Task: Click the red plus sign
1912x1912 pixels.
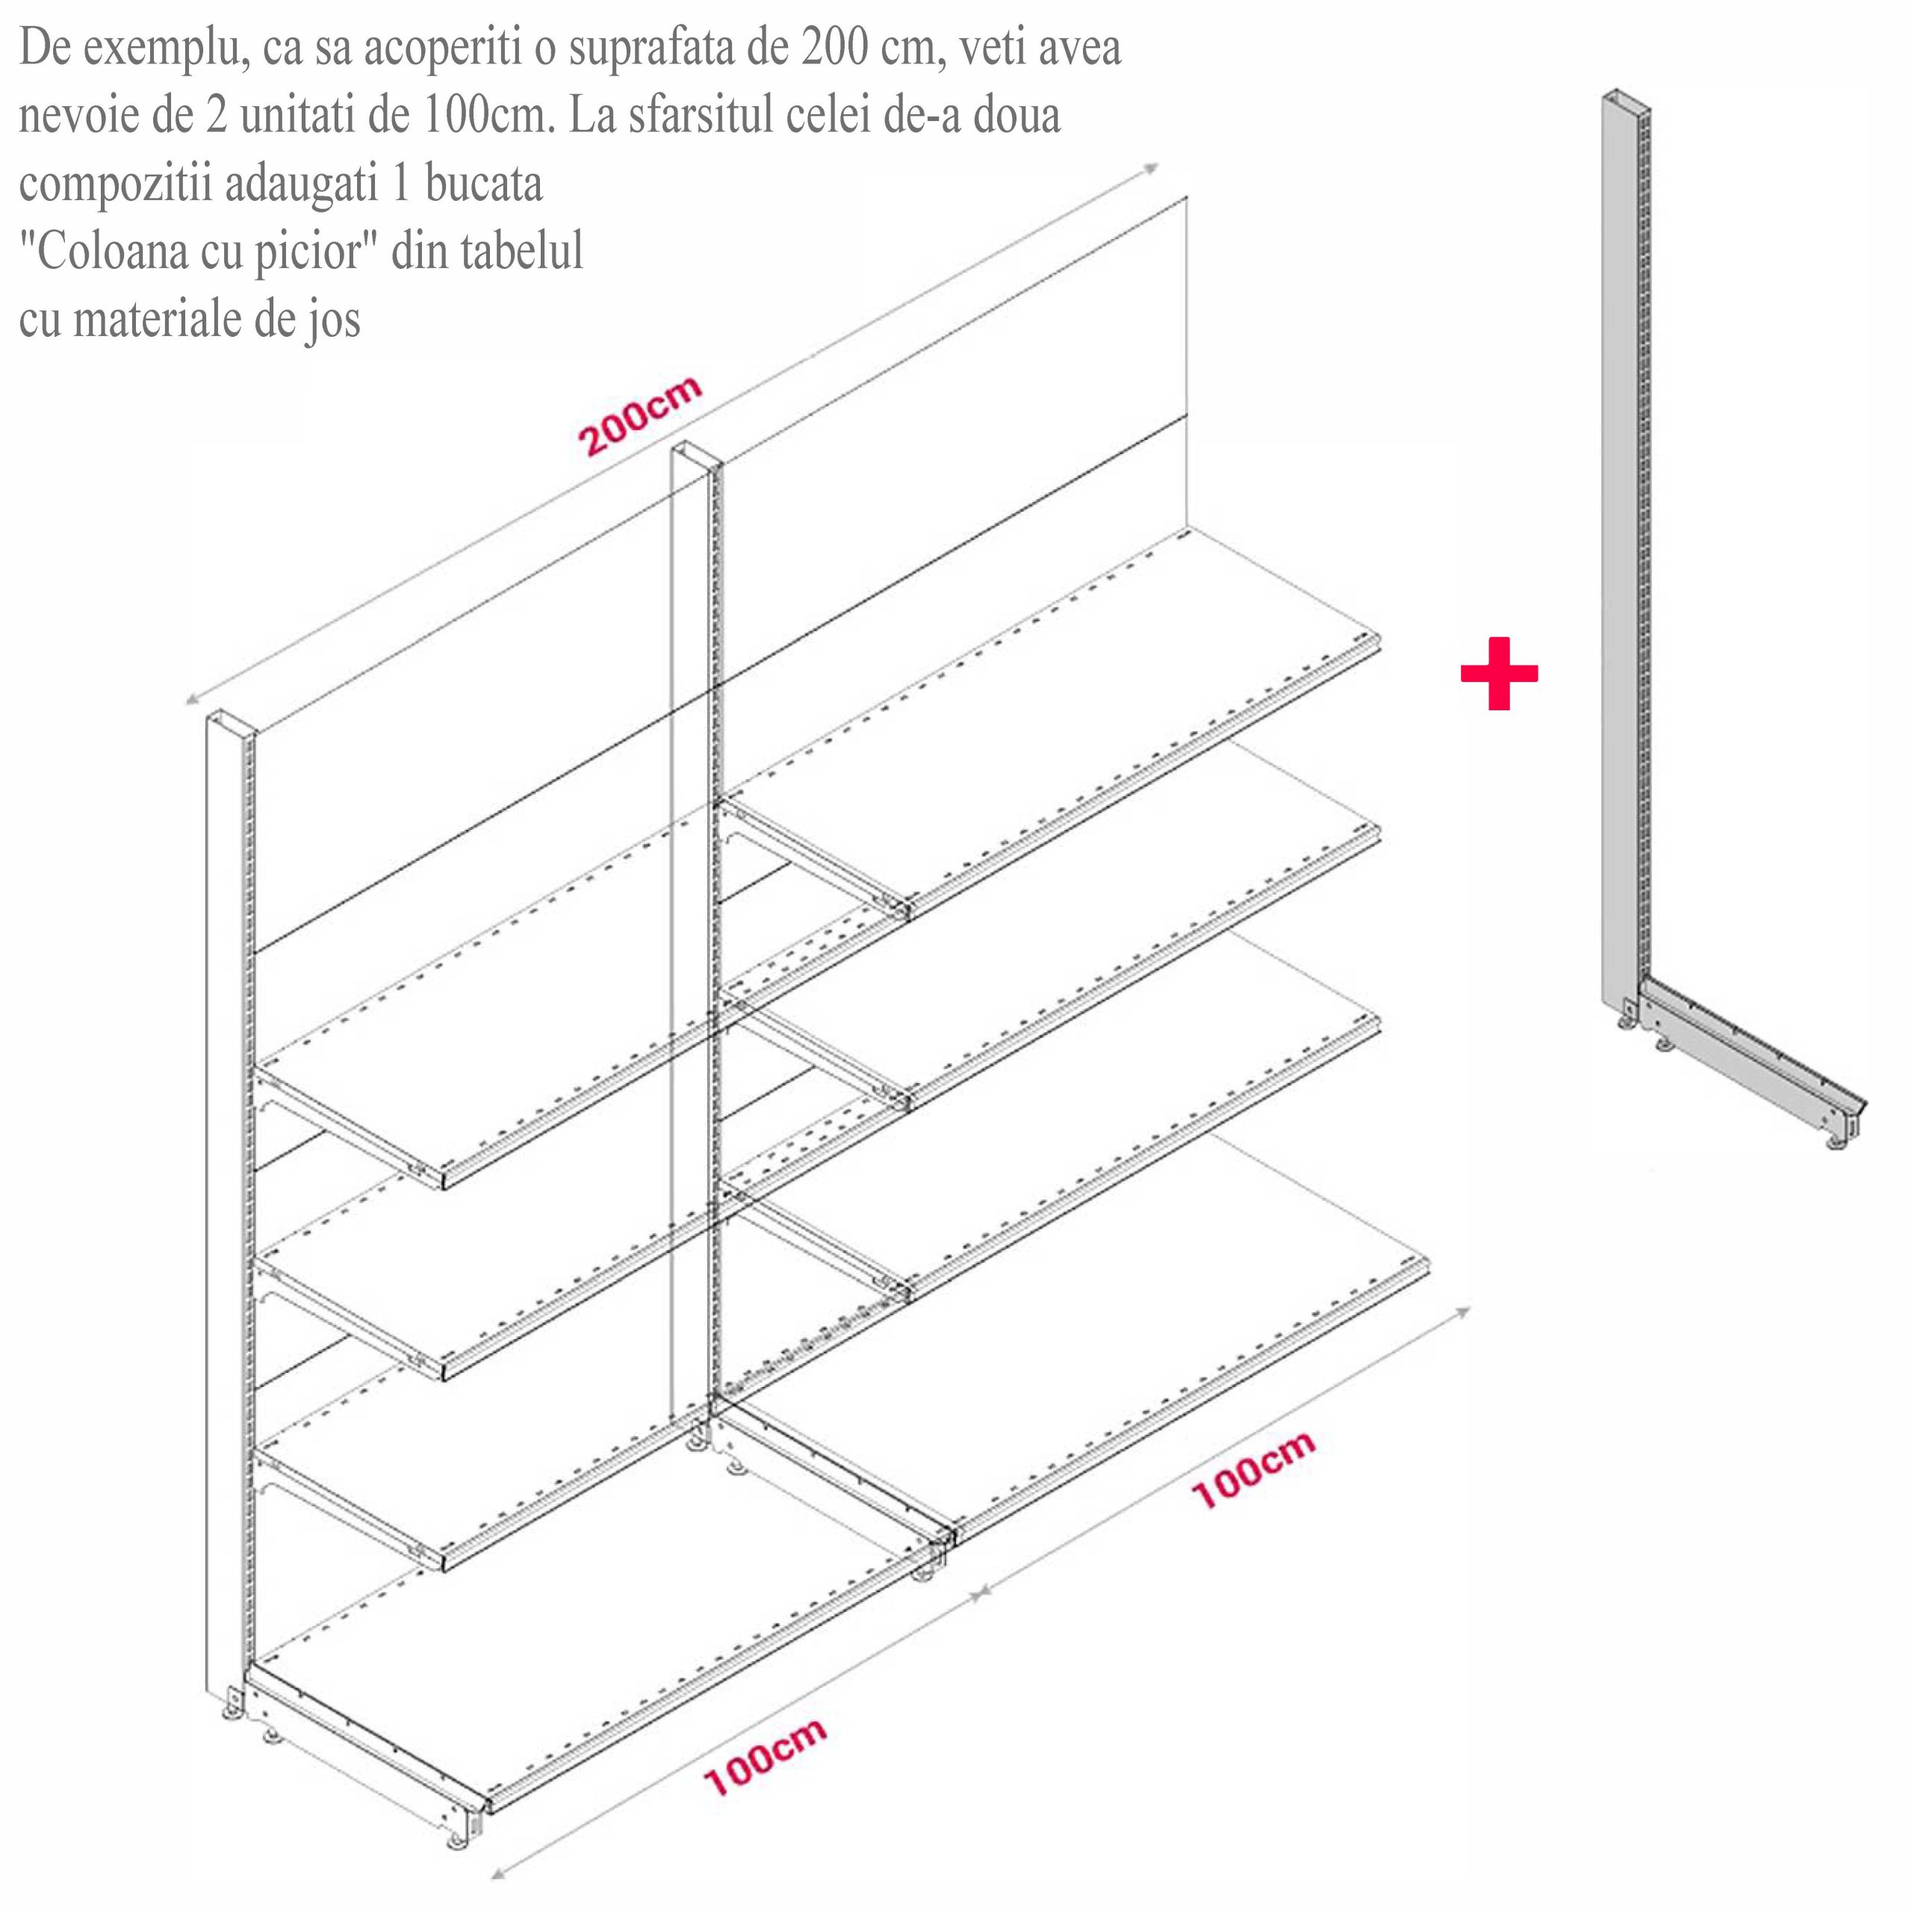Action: (x=1498, y=673)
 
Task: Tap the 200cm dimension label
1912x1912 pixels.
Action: (x=642, y=416)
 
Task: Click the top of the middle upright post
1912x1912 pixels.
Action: (x=698, y=456)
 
